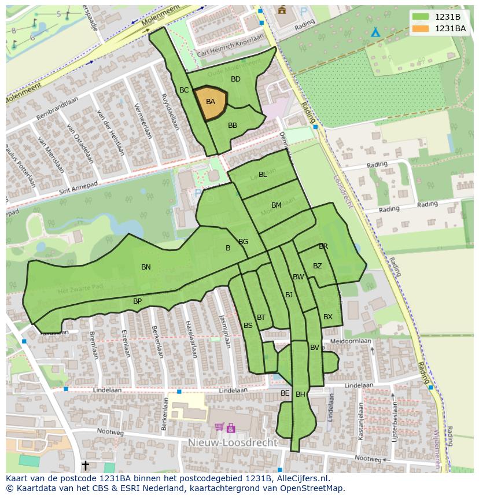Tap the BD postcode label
point(235,79)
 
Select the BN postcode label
point(146,267)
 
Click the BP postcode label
point(137,301)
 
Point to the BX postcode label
point(328,317)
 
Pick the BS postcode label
point(248,326)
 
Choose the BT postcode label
point(261,318)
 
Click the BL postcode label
point(263,175)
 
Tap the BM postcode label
point(277,205)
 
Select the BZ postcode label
point(318,266)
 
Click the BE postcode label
point(285,393)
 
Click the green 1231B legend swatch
point(421,17)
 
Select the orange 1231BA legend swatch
point(421,28)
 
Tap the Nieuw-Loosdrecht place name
point(233,442)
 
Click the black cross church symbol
point(86,465)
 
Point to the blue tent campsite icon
point(375,32)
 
